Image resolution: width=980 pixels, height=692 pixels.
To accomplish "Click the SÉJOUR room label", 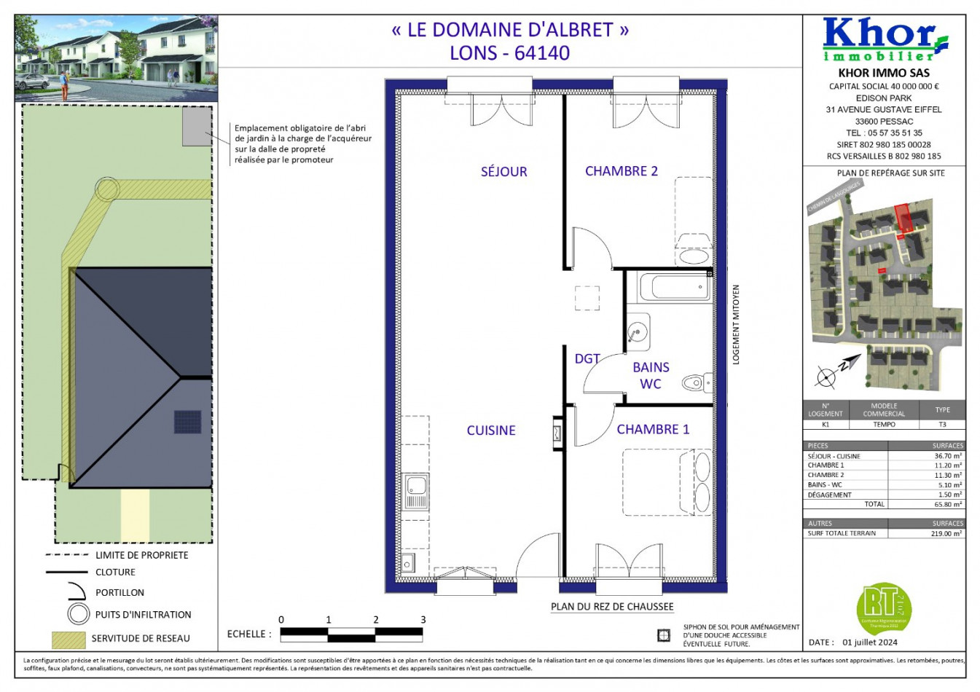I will [503, 172].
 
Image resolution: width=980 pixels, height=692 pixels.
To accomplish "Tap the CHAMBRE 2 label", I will [621, 171].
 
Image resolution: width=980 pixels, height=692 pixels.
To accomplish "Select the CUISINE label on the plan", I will [490, 430].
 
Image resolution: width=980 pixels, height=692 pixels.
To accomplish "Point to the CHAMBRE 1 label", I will [653, 430].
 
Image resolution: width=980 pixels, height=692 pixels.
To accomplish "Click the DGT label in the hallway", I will [587, 358].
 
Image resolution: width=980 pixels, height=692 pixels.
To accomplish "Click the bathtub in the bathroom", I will [674, 287].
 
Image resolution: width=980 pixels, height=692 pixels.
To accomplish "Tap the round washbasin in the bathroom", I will [638, 331].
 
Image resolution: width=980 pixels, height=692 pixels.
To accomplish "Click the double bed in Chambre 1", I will [667, 482].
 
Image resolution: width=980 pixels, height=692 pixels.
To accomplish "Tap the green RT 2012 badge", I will [883, 607].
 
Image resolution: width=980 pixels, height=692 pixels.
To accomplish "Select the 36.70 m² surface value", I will [947, 456].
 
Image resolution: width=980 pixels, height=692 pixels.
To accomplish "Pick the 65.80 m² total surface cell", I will [947, 504].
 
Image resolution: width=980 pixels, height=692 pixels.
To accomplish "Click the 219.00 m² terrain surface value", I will [947, 533].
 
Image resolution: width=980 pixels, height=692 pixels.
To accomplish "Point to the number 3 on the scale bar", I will [423, 620].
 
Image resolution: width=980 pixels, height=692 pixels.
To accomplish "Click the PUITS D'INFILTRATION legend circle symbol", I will [78, 614].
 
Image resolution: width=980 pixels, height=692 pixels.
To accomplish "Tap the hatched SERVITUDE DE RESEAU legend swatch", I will [68, 639].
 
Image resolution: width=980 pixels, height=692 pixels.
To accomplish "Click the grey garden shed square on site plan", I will [195, 127].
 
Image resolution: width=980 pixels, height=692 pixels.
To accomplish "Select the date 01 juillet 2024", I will [870, 642].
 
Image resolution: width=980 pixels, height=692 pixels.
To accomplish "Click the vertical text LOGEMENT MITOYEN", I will [736, 325].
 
